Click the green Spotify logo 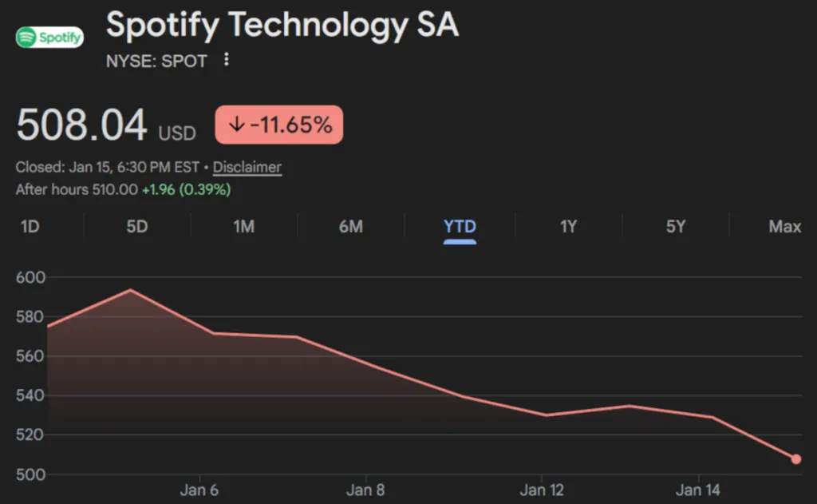point(49,37)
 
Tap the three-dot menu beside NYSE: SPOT point(227,60)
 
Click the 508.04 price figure point(81,125)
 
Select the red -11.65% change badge point(278,125)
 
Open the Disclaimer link point(247,168)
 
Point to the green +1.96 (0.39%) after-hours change point(186,189)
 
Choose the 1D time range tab point(30,227)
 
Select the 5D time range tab point(137,227)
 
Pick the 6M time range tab point(350,227)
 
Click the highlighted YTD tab point(460,227)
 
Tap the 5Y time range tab point(676,227)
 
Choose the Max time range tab point(784,227)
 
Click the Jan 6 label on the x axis point(199,490)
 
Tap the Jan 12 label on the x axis point(542,490)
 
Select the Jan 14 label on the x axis point(698,490)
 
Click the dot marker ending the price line point(795,459)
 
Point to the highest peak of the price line point(130,290)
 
